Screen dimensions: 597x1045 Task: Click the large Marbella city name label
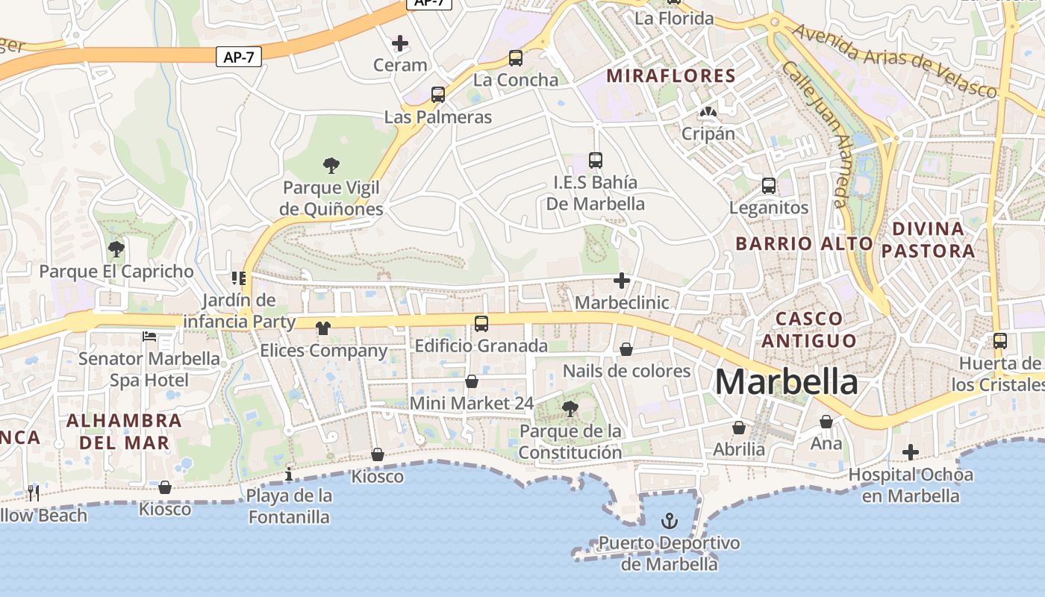787,382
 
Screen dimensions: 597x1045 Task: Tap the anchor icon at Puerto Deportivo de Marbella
670,520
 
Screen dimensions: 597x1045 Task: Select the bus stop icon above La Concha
515,58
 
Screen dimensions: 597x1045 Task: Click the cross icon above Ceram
400,43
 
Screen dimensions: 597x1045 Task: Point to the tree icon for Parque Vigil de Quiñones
331,165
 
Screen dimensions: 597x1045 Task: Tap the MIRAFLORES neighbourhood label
671,75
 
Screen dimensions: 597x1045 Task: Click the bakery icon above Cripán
707,113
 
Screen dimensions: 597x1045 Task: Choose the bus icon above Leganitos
768,186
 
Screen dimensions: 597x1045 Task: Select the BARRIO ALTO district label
804,243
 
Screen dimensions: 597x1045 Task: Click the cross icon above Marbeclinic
621,281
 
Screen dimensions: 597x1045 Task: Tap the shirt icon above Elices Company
322,328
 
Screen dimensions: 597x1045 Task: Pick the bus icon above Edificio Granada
481,324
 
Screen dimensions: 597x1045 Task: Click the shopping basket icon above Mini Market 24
472,381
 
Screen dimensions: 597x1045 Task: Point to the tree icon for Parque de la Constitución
570,408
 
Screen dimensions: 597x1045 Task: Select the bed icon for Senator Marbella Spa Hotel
149,337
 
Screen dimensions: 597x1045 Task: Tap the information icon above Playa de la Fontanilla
289,474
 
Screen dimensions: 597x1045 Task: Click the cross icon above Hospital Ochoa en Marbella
910,452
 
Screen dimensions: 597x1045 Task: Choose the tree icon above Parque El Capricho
116,249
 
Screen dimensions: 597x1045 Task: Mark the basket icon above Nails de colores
626,349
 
